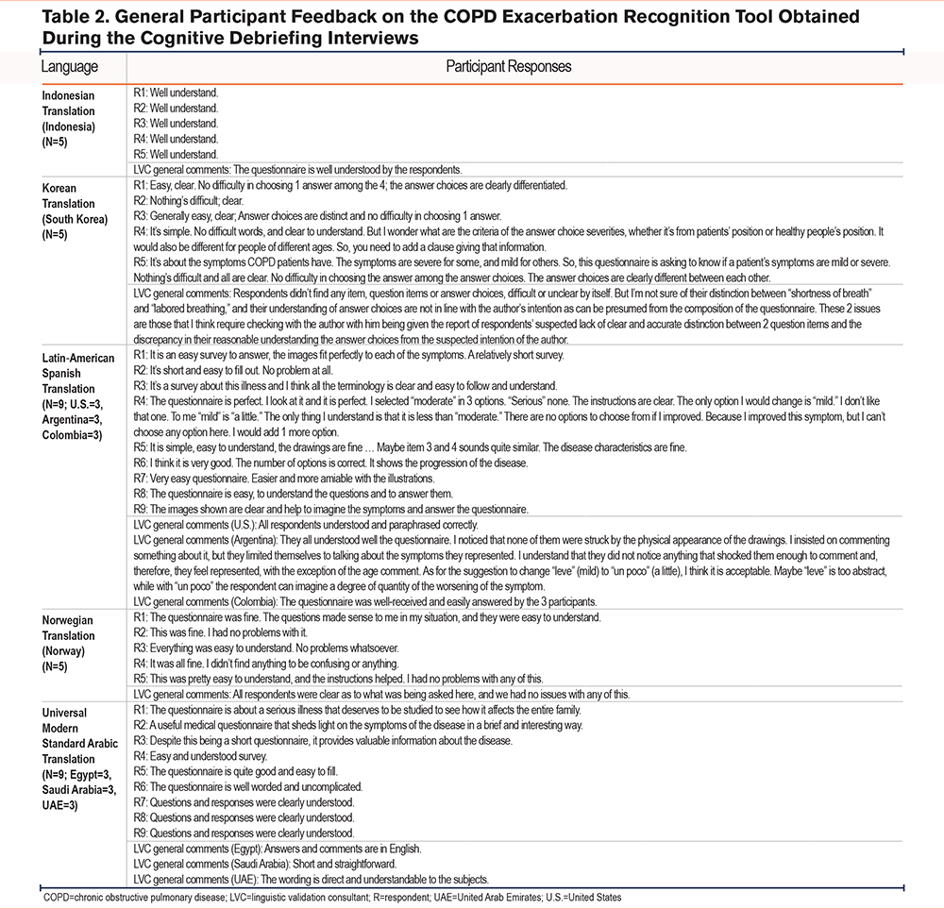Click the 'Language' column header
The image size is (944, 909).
(69, 68)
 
